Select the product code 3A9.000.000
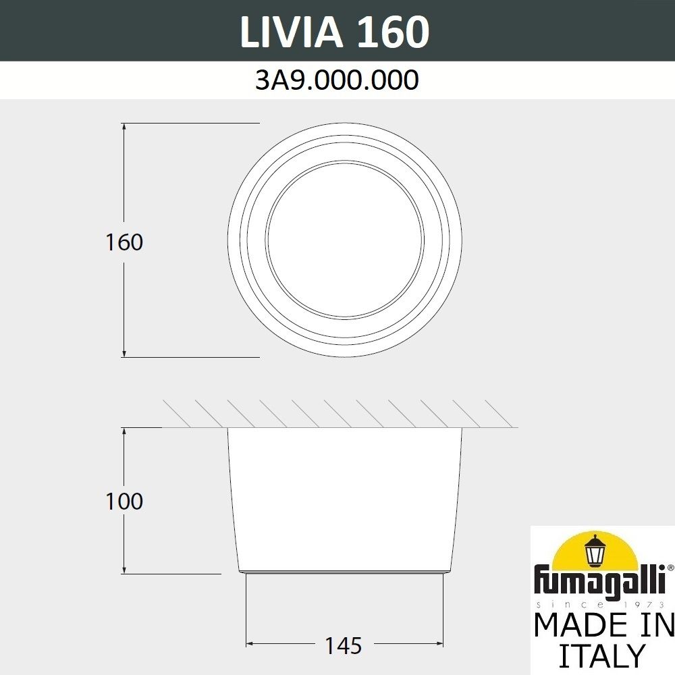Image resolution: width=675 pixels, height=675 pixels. pos(337,81)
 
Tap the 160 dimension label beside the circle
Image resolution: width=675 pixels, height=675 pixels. pos(124,242)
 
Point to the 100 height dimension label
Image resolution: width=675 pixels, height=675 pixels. pos(124,502)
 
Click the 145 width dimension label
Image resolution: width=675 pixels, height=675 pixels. pos(344,646)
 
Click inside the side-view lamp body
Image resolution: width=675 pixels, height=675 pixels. pos(345,500)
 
